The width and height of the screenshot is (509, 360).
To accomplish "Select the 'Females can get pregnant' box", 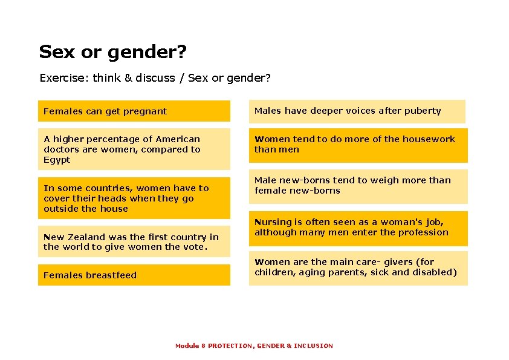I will point(134,111).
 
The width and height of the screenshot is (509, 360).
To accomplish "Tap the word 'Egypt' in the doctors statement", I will point(57,160).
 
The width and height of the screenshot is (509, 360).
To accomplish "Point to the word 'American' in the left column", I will point(178,139).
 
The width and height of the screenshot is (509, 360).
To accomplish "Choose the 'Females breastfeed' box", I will point(134,275).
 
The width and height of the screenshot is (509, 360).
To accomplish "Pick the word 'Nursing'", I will point(274,222).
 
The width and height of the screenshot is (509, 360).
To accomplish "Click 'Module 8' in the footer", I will point(190,345).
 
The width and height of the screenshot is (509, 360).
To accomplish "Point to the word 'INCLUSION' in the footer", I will point(313,345).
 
